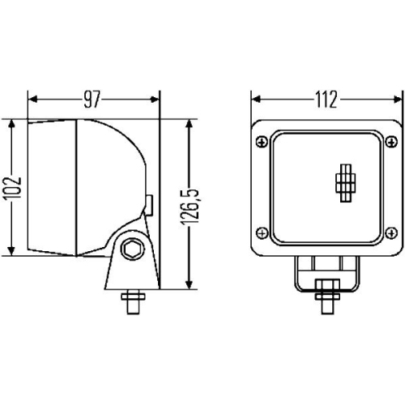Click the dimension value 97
pos(92,100)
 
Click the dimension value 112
pos(326,100)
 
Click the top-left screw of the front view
pos(260,143)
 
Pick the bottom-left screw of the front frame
pos(260,232)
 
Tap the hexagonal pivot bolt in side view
pos(130,250)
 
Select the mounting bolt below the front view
pos(326,296)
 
